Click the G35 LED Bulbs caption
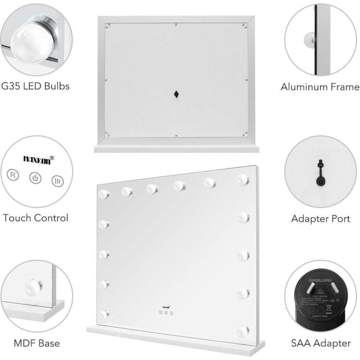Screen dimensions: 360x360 tap(35, 86)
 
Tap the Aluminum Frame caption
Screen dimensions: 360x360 tap(320, 87)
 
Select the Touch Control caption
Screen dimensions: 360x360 tap(36, 218)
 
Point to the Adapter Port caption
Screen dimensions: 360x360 tap(320, 218)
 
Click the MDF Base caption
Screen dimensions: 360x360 tap(37, 343)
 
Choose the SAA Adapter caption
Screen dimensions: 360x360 tap(321, 343)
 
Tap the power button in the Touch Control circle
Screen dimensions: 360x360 tap(35, 178)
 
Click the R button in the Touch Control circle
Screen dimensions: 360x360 tap(13, 175)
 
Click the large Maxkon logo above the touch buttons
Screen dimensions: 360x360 tap(39, 158)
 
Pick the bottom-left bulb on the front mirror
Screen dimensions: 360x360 tap(104, 314)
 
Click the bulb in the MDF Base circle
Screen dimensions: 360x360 tap(32, 286)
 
